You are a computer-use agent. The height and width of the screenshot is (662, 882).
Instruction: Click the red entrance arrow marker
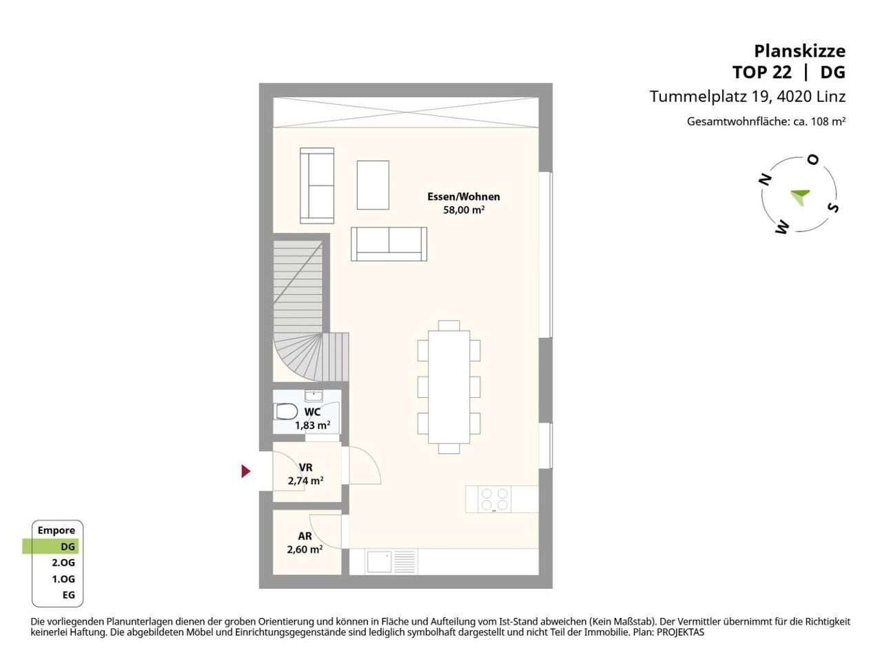245,471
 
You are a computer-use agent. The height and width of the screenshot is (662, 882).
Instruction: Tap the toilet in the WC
286,412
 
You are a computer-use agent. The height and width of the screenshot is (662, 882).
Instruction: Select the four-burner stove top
494,499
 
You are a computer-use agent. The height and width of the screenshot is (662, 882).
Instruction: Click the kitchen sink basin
378,561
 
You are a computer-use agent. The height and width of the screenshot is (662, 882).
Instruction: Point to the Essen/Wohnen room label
463,197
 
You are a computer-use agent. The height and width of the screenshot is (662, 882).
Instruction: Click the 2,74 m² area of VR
305,481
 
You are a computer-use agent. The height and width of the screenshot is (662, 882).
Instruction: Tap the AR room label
305,536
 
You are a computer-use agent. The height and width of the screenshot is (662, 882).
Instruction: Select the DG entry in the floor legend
68,547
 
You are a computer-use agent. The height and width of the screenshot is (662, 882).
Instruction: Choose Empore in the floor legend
57,530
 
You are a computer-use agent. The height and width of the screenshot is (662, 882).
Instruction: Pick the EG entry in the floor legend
69,595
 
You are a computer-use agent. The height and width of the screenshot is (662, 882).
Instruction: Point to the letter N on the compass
765,180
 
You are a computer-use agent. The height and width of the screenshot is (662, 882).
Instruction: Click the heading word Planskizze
799,51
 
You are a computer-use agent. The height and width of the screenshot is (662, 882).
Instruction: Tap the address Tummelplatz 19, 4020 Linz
748,97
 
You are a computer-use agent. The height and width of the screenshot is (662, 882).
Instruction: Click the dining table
449,387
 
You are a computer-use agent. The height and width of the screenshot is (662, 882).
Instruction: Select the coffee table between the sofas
373,185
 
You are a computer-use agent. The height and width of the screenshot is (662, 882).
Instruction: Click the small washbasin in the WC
314,396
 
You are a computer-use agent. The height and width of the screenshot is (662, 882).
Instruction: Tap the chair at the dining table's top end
449,325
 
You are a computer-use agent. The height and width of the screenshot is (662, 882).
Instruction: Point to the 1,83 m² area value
313,425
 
